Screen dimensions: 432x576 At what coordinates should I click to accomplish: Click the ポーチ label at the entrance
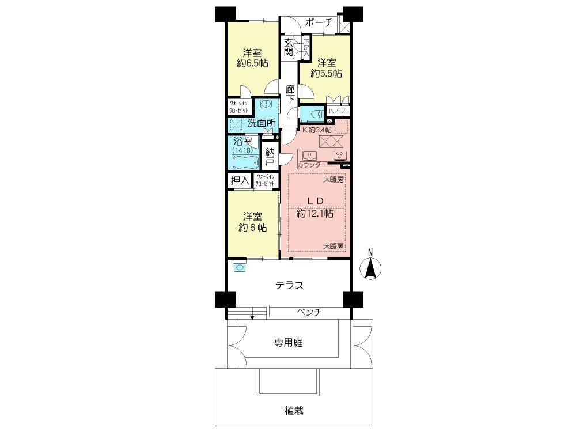pos(319,23)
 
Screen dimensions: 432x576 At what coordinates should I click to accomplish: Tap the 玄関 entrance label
pos(289,47)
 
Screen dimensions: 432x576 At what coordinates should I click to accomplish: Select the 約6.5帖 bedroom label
pos(252,58)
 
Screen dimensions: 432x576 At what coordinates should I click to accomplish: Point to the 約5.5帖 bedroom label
pos(326,68)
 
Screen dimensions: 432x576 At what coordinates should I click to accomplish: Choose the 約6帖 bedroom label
pos(252,222)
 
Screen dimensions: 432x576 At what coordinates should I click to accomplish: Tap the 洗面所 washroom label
pos(261,123)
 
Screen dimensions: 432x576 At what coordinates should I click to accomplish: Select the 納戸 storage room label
pos(270,158)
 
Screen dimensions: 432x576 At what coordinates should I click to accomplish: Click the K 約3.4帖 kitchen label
pos(316,130)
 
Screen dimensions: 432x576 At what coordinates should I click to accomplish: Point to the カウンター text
pos(313,165)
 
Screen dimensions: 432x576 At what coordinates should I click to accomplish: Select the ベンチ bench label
pos(309,312)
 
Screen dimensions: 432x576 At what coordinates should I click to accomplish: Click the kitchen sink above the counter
pos(308,155)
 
